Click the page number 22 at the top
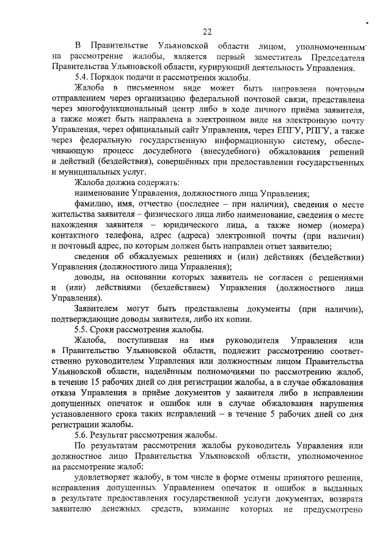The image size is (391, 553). pos(207,32)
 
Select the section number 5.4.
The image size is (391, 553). pos(81,78)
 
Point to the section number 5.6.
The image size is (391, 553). pos(81,434)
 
